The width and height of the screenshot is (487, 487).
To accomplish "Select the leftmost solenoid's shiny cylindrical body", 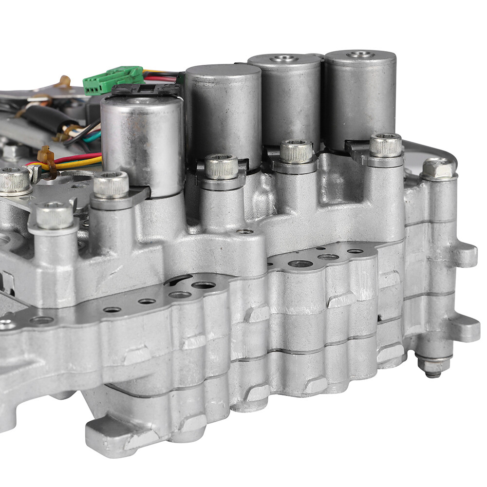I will click(x=141, y=141).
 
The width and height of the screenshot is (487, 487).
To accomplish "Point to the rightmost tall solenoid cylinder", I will click(x=360, y=97).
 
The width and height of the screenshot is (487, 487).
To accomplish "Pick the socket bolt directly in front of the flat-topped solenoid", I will click(x=221, y=167).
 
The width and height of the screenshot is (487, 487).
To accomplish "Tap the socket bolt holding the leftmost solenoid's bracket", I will click(x=111, y=185).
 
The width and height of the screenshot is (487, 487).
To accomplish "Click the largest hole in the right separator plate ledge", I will click(x=300, y=263).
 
